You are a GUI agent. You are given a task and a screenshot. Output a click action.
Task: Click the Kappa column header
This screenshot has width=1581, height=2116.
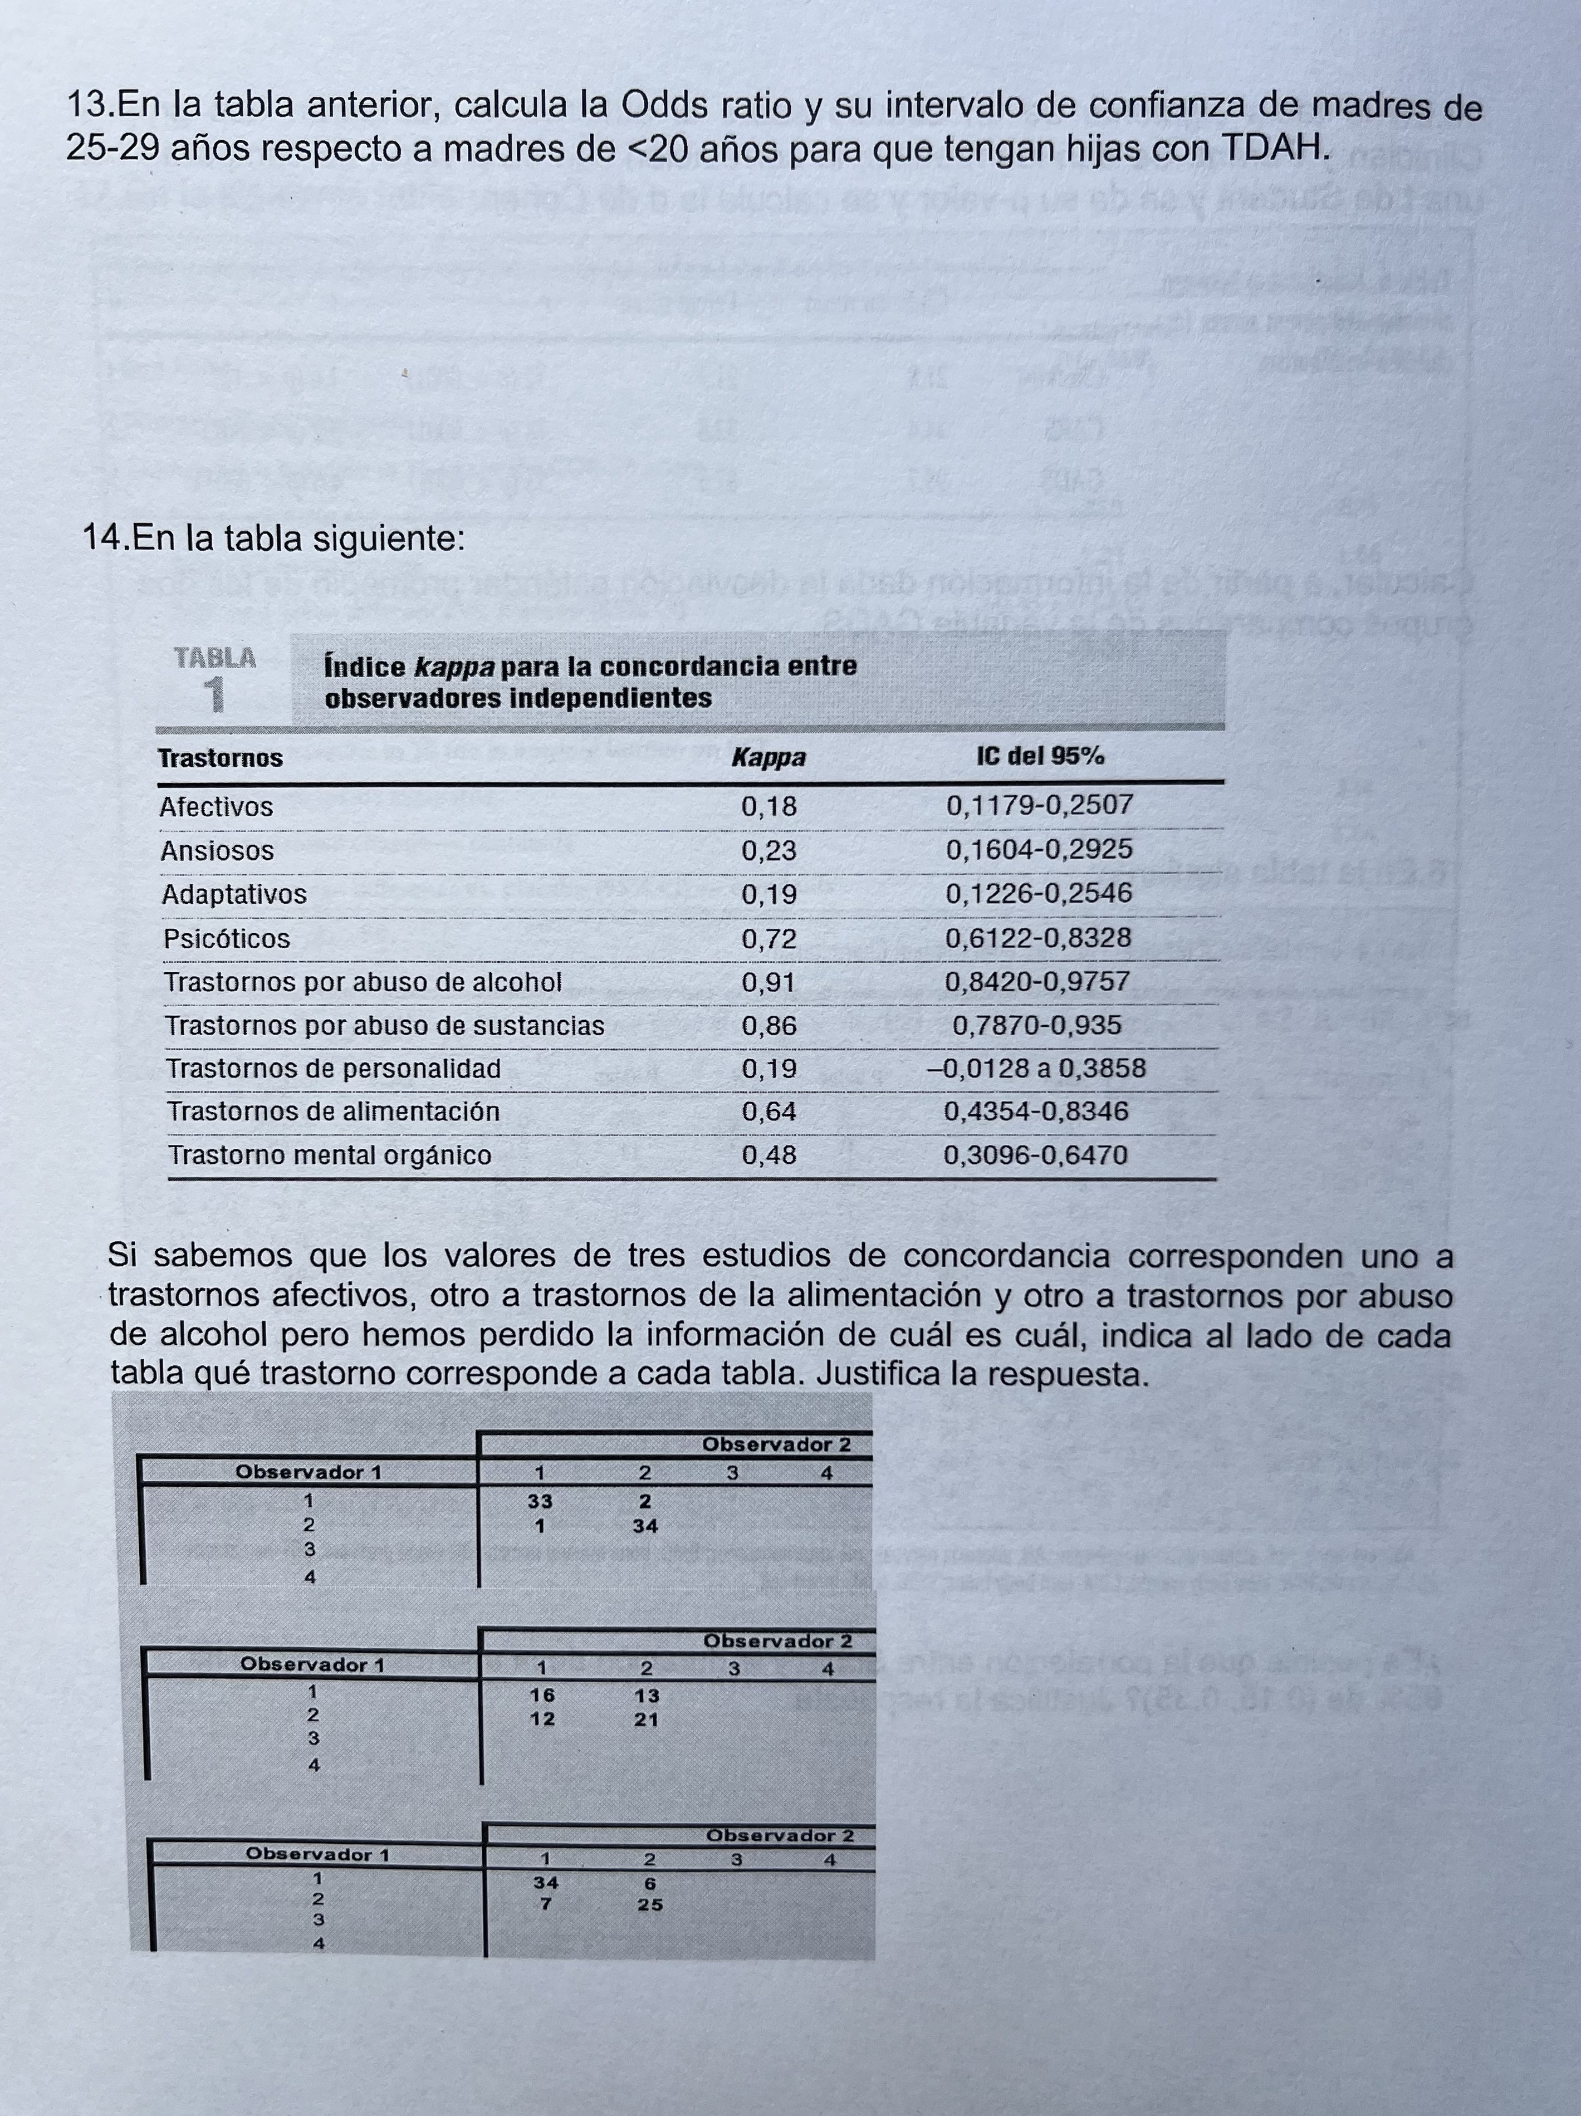click(768, 758)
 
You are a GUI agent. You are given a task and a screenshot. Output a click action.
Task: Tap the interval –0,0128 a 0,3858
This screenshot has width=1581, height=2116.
click(1036, 1067)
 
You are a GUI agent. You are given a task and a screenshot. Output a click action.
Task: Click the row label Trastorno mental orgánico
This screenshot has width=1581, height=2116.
click(330, 1155)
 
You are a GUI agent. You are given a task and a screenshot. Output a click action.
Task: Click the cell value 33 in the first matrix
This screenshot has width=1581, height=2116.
click(540, 1502)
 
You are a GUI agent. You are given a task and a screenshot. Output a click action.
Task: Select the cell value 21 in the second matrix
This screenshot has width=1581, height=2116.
click(647, 1719)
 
